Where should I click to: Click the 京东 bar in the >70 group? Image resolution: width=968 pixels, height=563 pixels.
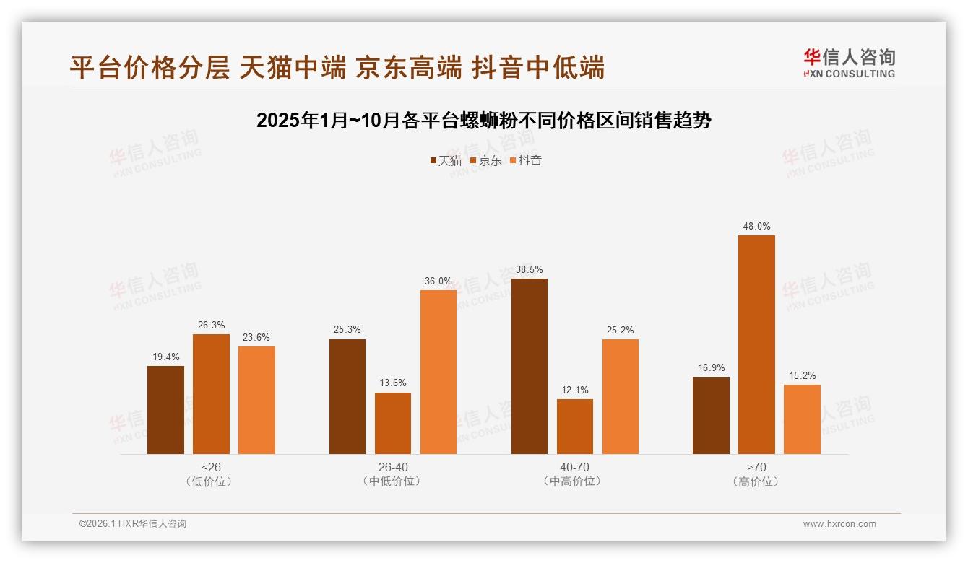pyautogui.click(x=756, y=345)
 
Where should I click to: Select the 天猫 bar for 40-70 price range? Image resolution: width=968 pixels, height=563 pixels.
pyautogui.click(x=530, y=367)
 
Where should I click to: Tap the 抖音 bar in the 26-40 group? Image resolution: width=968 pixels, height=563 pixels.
pyautogui.click(x=438, y=372)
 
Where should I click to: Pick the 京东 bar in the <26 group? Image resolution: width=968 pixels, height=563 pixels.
pyautogui.click(x=211, y=394)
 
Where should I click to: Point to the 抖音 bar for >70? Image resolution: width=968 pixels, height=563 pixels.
pyautogui.click(x=802, y=419)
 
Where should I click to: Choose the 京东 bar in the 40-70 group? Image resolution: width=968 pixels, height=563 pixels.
pyautogui.click(x=575, y=427)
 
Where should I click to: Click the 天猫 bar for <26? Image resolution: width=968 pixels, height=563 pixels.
pyautogui.click(x=165, y=410)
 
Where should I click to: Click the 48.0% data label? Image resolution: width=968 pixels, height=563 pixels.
pyautogui.click(x=756, y=227)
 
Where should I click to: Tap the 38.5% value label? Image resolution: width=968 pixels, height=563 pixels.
pyautogui.click(x=530, y=270)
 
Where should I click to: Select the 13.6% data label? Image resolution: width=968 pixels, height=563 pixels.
pyautogui.click(x=393, y=383)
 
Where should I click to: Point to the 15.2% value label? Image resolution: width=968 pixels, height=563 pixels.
pyautogui.click(x=802, y=376)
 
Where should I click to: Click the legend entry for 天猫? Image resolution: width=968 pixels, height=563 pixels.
pyautogui.click(x=446, y=161)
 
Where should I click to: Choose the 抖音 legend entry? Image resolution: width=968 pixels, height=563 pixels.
pyautogui.click(x=526, y=161)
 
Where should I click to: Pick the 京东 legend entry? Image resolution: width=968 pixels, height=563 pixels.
pyautogui.click(x=486, y=161)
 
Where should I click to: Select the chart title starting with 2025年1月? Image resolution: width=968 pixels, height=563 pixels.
pyautogui.click(x=484, y=121)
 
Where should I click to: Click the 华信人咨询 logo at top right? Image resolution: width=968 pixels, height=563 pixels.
pyautogui.click(x=849, y=63)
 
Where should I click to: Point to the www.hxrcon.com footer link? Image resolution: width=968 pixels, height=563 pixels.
pyautogui.click(x=839, y=524)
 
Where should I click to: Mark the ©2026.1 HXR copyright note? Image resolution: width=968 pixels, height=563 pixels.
pyautogui.click(x=133, y=524)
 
